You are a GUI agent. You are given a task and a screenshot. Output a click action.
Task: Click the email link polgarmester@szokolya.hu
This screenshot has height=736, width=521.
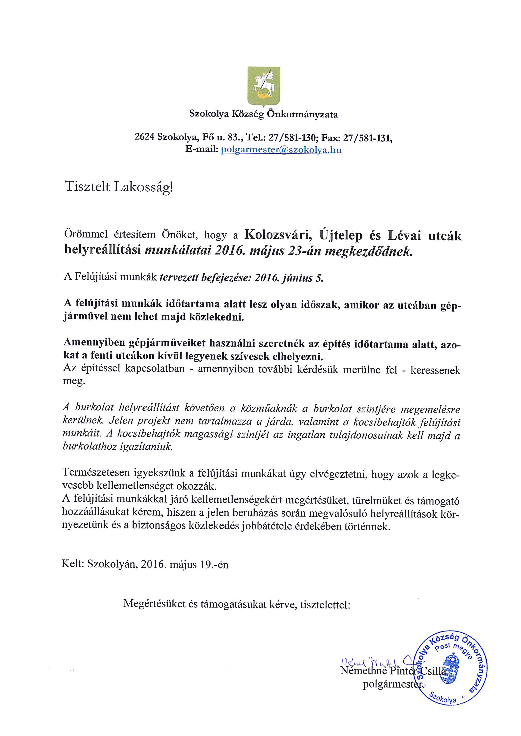tap(281, 150)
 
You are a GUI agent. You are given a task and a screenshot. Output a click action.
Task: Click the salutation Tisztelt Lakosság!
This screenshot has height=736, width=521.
tap(119, 187)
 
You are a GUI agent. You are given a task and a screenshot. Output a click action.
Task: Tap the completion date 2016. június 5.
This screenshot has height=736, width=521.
tap(288, 278)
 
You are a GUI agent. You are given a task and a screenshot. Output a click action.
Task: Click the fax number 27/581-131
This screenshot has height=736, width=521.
tap(367, 138)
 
